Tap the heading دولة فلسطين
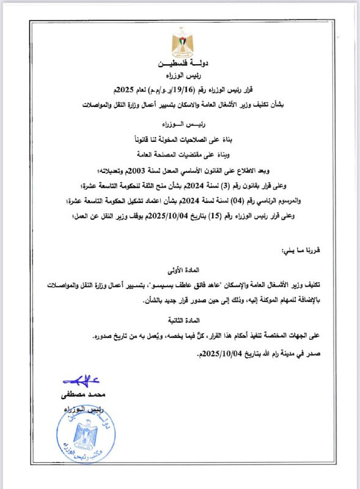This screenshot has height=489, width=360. click(181, 64)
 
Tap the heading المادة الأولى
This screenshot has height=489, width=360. click(181, 268)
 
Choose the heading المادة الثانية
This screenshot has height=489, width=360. click(181, 320)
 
